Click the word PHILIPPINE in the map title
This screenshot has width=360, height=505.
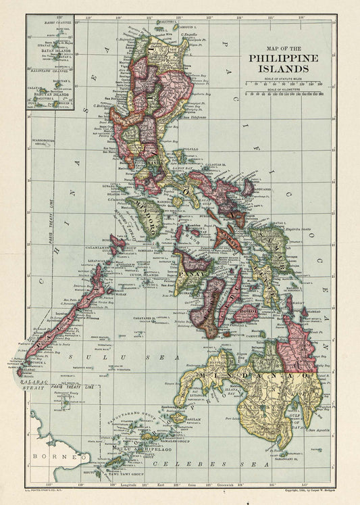[279, 59]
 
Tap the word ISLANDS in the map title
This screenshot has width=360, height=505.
[279, 68]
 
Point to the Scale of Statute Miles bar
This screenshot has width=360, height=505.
[284, 85]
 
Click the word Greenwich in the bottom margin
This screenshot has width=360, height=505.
[238, 485]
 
